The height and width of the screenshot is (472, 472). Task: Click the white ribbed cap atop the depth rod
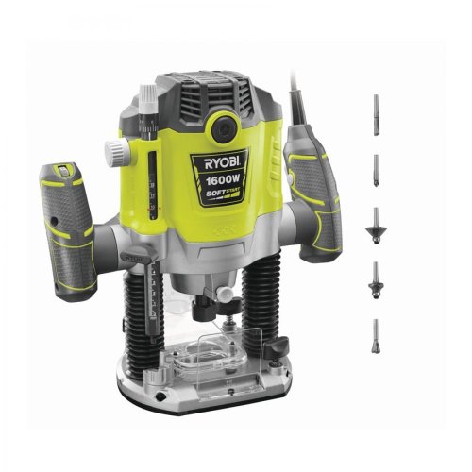point(147,95)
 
